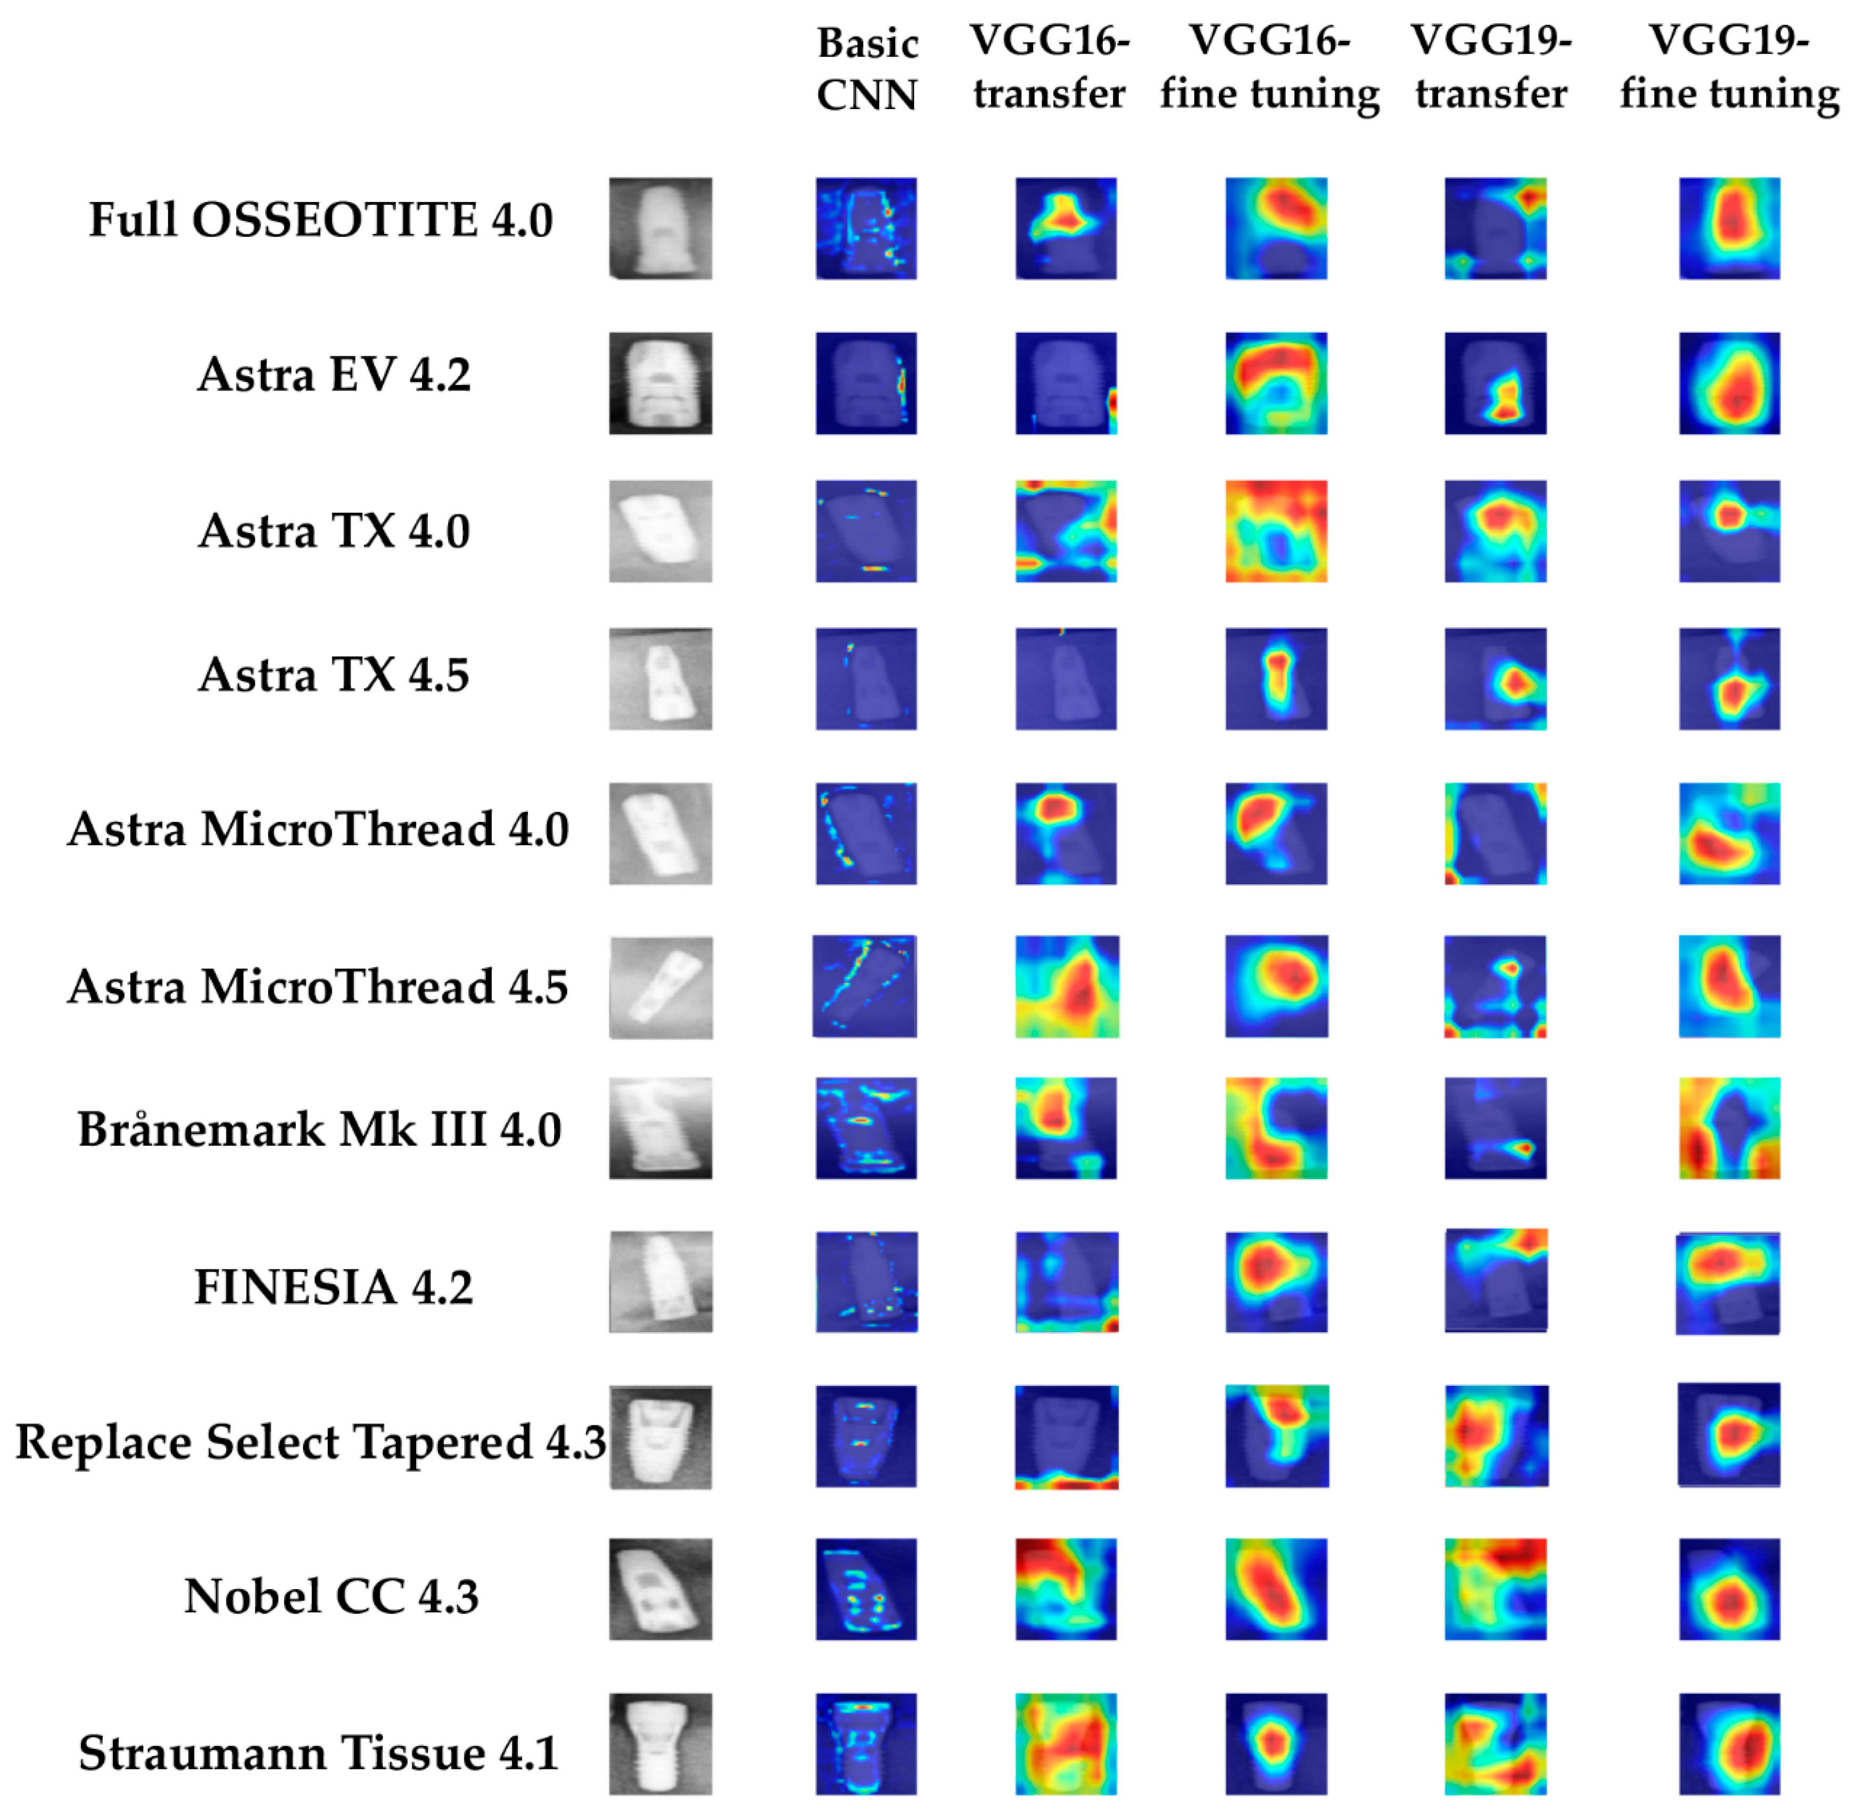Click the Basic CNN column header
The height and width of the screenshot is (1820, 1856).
point(867,69)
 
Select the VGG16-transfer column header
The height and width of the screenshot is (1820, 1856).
point(1049,67)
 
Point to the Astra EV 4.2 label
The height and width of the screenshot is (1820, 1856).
point(334,375)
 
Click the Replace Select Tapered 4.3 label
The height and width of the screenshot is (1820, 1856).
point(311,1441)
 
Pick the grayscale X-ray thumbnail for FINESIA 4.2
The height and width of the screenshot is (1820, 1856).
point(660,1282)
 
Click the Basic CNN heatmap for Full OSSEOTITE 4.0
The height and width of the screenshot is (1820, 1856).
point(865,228)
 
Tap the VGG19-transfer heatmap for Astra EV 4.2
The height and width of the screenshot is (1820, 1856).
point(1495,383)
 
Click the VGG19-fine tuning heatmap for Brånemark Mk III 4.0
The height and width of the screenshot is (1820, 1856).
point(1729,1128)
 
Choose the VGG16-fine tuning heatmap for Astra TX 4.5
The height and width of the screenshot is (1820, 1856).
point(1276,679)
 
